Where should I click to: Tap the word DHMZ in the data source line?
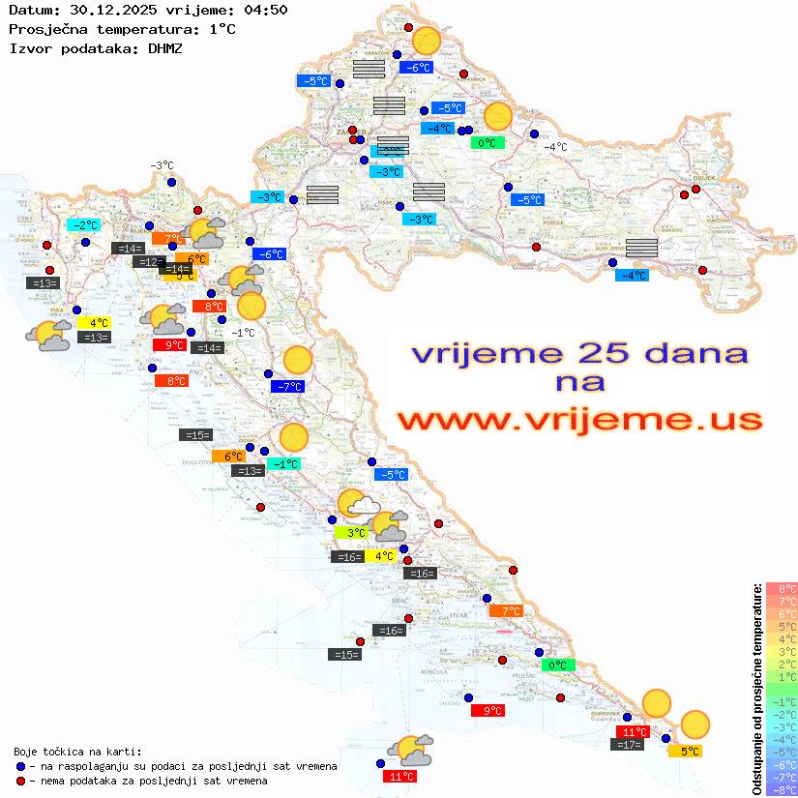point(164,47)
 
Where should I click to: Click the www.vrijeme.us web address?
point(579,420)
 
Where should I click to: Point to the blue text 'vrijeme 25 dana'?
point(579,353)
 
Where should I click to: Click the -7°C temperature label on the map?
point(289,387)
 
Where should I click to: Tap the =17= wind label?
point(629,745)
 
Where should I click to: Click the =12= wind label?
point(149,262)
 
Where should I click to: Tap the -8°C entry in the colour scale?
point(781,789)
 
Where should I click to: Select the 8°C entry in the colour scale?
point(781,588)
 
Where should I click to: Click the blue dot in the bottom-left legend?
point(21,766)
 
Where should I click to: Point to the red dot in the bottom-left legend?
point(21,781)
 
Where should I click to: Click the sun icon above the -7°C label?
point(298,361)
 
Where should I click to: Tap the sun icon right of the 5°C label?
point(695,724)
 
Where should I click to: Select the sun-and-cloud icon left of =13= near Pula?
point(48,336)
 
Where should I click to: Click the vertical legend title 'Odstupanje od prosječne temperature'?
point(756,689)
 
